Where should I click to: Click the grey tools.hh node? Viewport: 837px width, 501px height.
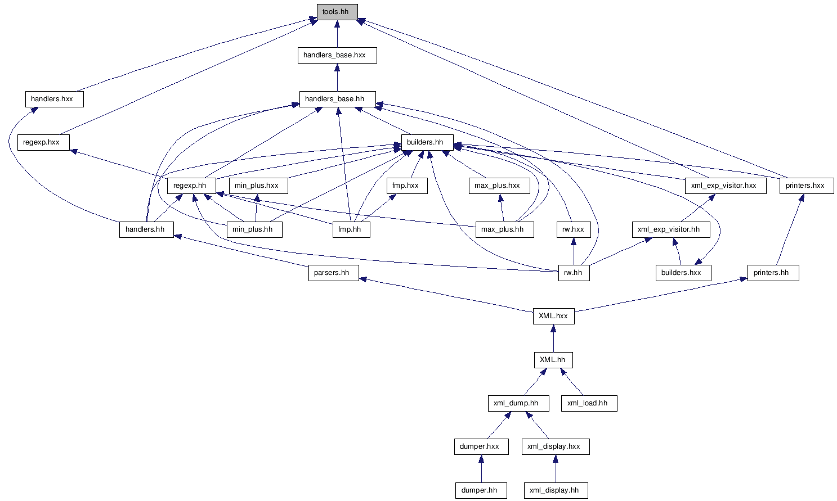click(x=337, y=12)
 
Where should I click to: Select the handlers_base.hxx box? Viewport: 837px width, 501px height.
click(x=337, y=55)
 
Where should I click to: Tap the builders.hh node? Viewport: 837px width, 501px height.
click(x=427, y=142)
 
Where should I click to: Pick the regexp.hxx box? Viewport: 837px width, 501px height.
click(x=43, y=142)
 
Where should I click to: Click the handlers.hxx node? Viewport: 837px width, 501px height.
click(x=55, y=99)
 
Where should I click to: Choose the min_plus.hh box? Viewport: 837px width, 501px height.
click(x=254, y=229)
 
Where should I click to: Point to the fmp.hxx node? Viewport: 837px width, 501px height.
click(x=407, y=186)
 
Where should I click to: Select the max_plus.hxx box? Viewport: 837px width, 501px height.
click(x=499, y=186)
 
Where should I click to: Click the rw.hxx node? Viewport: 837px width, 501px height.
click(x=574, y=229)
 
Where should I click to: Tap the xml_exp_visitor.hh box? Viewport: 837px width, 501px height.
click(x=671, y=229)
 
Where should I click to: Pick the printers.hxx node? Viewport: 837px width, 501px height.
click(x=807, y=186)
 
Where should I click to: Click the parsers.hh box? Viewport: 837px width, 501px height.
click(x=333, y=273)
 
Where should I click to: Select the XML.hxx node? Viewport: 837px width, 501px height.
click(x=553, y=316)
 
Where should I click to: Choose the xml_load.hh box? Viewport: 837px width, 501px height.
click(x=589, y=403)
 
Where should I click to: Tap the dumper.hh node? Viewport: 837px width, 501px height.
click(x=481, y=490)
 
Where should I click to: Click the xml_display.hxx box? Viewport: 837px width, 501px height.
click(x=556, y=446)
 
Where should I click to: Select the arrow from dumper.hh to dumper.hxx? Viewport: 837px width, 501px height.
click(x=481, y=468)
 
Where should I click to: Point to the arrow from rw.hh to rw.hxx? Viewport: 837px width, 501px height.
click(x=574, y=251)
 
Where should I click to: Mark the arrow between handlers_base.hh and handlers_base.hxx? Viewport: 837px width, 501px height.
click(x=337, y=77)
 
